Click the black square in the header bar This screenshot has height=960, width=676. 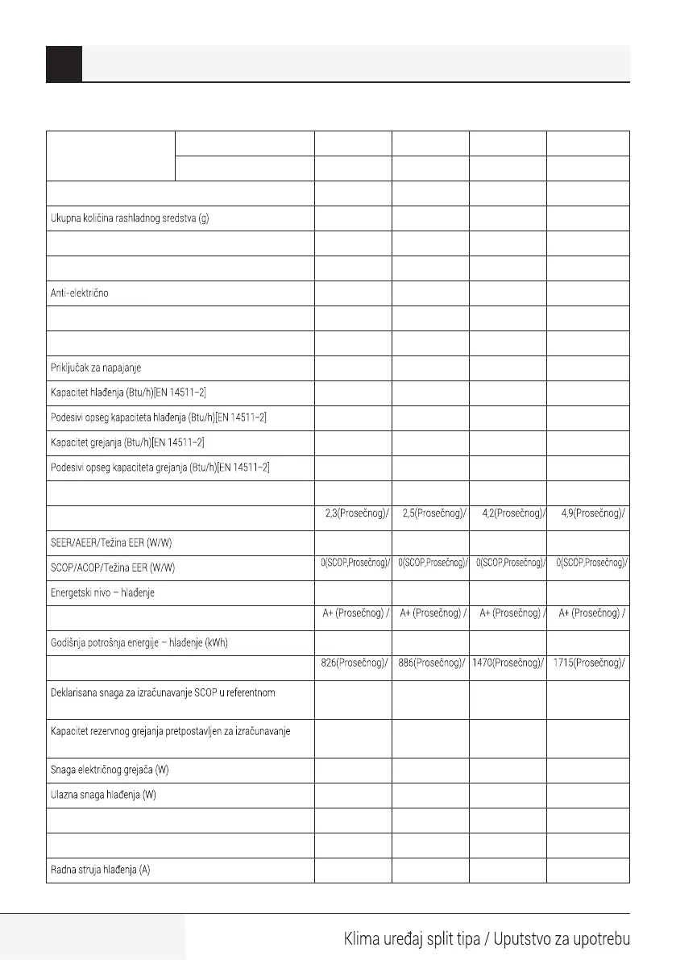click(x=64, y=64)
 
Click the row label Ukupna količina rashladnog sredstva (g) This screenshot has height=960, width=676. click(x=130, y=220)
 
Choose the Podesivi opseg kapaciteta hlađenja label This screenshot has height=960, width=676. click(x=158, y=418)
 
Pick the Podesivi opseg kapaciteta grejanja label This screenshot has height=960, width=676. click(x=160, y=468)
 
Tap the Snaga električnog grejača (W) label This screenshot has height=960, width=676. click(x=110, y=770)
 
